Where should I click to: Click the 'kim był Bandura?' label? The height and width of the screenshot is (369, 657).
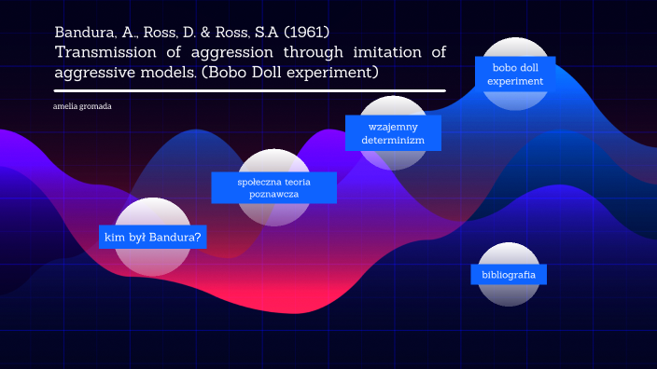(153, 238)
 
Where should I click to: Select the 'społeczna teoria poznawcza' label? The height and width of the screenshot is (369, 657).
(273, 187)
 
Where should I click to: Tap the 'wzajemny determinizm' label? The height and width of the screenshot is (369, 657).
(393, 132)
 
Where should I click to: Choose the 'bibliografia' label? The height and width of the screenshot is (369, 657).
(509, 275)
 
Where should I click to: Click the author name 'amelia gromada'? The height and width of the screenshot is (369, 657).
(83, 106)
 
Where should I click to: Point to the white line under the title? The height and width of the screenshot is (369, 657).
(249, 91)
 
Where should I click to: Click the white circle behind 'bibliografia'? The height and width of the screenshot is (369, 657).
(509, 253)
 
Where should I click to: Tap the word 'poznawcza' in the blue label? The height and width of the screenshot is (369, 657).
(273, 195)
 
